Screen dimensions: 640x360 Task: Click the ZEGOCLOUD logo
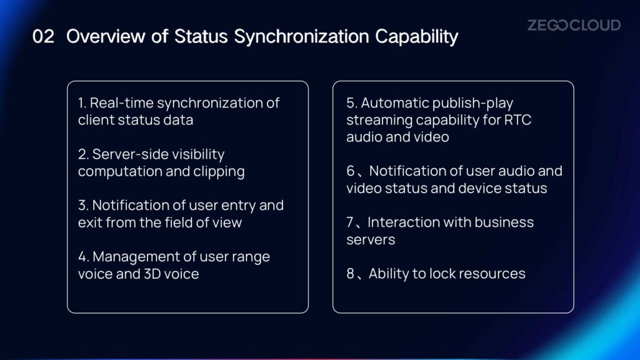pyautogui.click(x=574, y=25)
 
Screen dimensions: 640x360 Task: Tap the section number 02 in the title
pyautogui.click(x=43, y=36)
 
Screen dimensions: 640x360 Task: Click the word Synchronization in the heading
pyautogui.click(x=301, y=37)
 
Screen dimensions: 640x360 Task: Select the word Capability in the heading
pyautogui.click(x=417, y=37)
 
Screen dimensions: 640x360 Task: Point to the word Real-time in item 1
pyautogui.click(x=122, y=103)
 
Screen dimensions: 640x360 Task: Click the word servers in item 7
pyautogui.click(x=371, y=240)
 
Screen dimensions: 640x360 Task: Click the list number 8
pyautogui.click(x=350, y=274)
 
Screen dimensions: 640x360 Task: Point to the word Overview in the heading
pyautogui.click(x=106, y=36)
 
